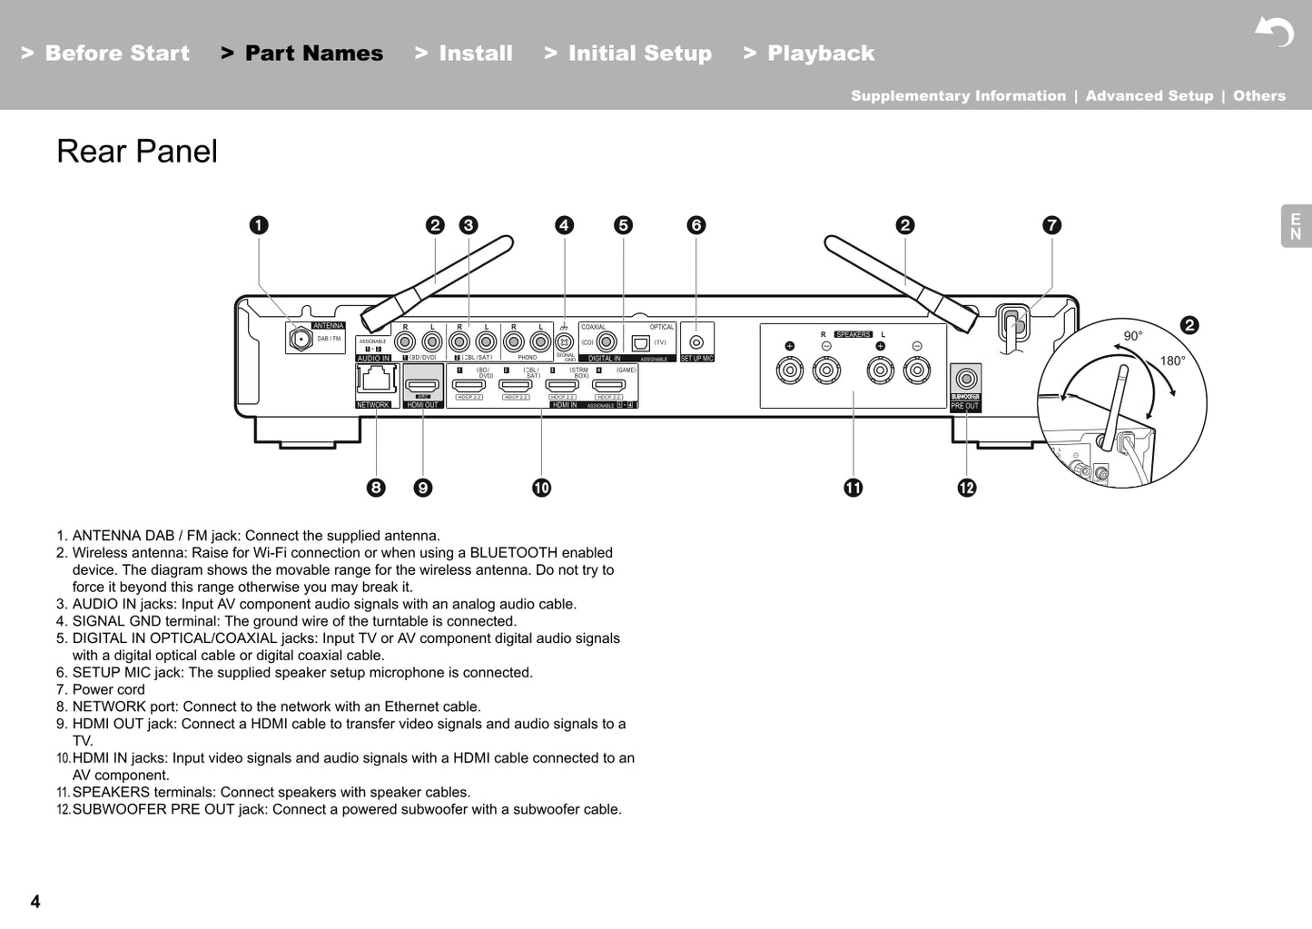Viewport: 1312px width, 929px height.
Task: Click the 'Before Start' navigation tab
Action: click(x=116, y=54)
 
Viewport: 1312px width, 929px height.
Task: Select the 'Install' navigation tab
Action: click(x=475, y=54)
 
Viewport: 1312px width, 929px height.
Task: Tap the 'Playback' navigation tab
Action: click(x=820, y=54)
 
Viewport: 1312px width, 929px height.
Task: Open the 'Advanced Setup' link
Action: click(x=1149, y=96)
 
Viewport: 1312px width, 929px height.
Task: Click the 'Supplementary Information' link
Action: click(x=958, y=96)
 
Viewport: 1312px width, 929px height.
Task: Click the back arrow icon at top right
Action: click(x=1274, y=33)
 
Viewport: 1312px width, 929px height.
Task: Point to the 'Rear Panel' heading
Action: click(x=137, y=152)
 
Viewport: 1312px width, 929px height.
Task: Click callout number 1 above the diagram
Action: click(x=259, y=225)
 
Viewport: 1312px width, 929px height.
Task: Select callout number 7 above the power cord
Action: click(x=1051, y=225)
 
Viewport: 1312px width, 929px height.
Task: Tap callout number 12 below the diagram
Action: click(x=966, y=488)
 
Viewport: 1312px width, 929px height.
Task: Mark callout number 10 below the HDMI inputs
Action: click(x=541, y=488)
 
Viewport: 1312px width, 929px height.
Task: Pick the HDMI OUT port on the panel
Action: click(x=423, y=385)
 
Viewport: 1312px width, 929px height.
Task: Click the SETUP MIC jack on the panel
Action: click(x=696, y=342)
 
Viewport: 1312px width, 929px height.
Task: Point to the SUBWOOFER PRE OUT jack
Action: click(x=966, y=379)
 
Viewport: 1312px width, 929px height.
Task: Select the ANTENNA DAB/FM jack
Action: click(x=299, y=339)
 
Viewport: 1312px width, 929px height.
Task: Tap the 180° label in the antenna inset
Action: click(x=1171, y=361)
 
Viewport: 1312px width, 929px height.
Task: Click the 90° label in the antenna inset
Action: click(x=1132, y=336)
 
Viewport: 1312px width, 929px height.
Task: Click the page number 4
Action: click(x=35, y=902)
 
